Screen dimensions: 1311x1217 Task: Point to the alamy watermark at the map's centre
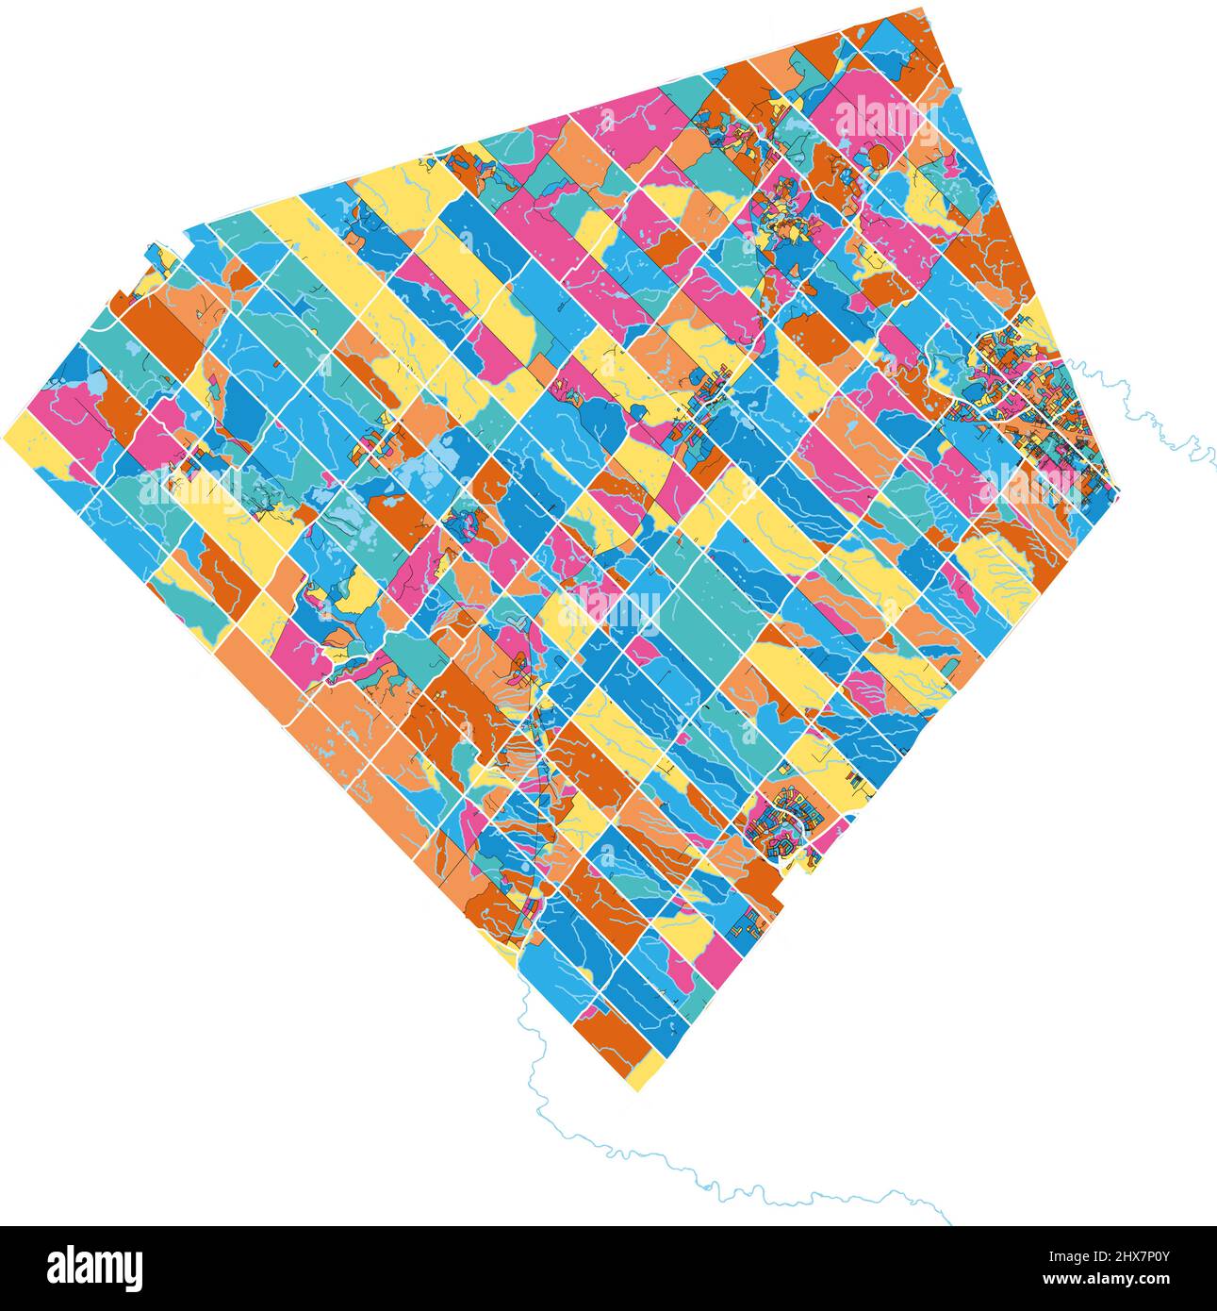pyautogui.click(x=609, y=608)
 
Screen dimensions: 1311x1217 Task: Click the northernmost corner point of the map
pyautogui.click(x=922, y=8)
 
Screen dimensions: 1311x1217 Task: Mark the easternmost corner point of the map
pyautogui.click(x=1118, y=491)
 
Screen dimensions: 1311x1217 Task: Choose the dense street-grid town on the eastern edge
pyautogui.click(x=1023, y=396)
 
